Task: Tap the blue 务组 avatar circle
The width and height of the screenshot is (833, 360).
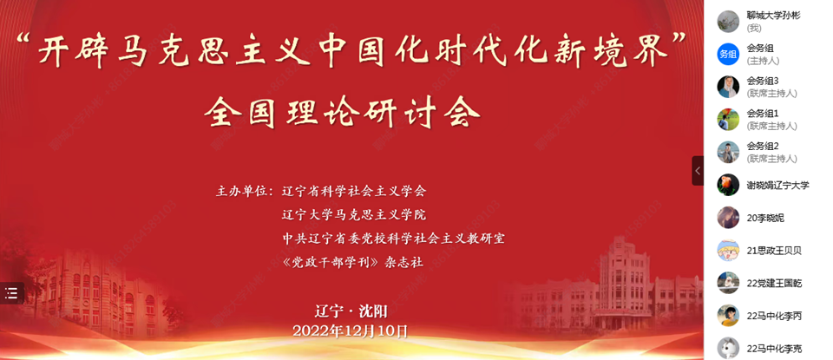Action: [728, 54]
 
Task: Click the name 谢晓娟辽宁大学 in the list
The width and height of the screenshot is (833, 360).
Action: [777, 186]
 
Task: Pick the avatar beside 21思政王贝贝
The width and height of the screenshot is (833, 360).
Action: [728, 251]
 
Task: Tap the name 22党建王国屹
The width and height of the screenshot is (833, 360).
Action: [774, 284]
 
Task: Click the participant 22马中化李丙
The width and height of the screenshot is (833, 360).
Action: [774, 317]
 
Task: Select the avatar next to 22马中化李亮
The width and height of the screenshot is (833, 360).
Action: [728, 349]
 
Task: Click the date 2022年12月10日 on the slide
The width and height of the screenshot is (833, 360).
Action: [351, 331]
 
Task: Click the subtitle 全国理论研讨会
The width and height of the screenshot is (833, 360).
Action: [342, 113]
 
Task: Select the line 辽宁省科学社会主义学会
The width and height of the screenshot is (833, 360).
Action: [354, 191]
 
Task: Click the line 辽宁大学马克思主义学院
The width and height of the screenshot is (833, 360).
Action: [354, 215]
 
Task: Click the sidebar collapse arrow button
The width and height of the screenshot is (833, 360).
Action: [698, 170]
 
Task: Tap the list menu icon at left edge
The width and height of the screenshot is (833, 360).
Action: [11, 292]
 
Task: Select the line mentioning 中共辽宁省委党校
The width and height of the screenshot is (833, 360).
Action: [393, 239]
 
